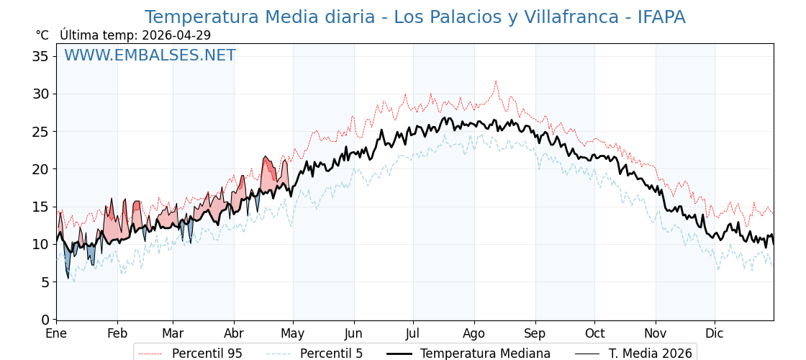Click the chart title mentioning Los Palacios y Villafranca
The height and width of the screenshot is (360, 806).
[x=415, y=17]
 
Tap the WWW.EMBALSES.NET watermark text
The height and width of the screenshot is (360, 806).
[x=150, y=55]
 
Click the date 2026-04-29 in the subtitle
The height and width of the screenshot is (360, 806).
[x=176, y=35]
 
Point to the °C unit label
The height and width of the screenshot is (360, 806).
[x=42, y=35]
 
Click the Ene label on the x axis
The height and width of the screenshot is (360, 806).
[x=56, y=334]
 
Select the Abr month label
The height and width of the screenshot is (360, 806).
[x=234, y=334]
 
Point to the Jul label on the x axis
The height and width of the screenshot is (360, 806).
[x=413, y=334]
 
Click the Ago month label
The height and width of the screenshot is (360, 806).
[x=474, y=334]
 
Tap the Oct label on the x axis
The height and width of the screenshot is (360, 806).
[x=594, y=334]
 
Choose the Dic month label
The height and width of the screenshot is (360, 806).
[x=715, y=334]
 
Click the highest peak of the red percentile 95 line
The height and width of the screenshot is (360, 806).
[x=496, y=81]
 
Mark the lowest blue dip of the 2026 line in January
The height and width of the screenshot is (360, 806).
[x=68, y=278]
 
